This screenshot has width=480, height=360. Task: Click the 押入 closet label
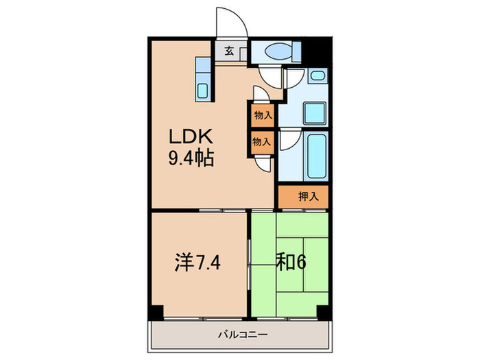point(308,197)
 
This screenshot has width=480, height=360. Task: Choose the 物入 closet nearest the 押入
point(262,142)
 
